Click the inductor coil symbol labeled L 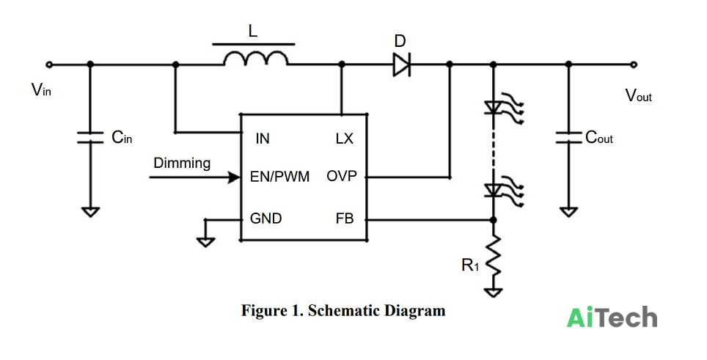coord(256,59)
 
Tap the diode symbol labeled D coord(401,65)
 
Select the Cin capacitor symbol coord(90,137)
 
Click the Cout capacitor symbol coord(568,137)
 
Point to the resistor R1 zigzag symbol coord(494,255)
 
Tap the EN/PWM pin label coord(279,177)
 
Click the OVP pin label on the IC coord(341,176)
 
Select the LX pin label coord(345,139)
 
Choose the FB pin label coord(345,219)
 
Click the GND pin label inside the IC coord(266,218)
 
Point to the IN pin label coord(263,139)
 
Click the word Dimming coord(182,163)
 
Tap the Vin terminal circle coord(49,65)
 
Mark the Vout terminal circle coord(634,65)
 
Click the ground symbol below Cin coord(91,212)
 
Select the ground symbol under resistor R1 coord(494,293)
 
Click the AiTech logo coord(612,317)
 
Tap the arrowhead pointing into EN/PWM coord(235,177)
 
